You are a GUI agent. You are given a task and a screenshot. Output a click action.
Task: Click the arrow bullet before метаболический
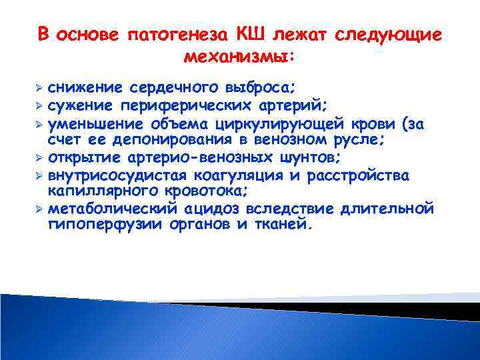pos(39,209)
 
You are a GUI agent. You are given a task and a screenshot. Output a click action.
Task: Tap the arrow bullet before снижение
pos(39,88)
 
